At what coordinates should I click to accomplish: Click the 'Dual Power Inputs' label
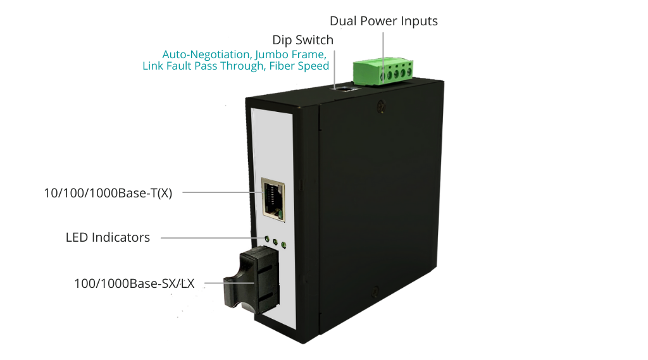click(383, 21)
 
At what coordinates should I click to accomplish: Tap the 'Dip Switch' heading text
click(303, 40)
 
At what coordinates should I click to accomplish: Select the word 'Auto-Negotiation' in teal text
click(206, 54)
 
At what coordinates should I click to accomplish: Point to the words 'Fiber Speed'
click(299, 66)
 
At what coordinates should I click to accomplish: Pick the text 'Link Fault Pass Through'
click(203, 66)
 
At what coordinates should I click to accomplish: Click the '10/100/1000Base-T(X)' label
click(108, 193)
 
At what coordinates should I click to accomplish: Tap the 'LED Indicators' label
click(108, 237)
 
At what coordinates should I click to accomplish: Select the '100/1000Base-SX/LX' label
click(134, 283)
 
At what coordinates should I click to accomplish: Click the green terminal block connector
click(383, 71)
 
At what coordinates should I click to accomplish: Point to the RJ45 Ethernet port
click(273, 200)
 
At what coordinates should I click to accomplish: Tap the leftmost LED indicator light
click(267, 239)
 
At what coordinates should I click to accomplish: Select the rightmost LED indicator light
click(283, 245)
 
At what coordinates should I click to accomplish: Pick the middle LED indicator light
click(275, 242)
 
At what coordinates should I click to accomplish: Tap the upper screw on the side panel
click(382, 107)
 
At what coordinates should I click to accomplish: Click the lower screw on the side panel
click(375, 291)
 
